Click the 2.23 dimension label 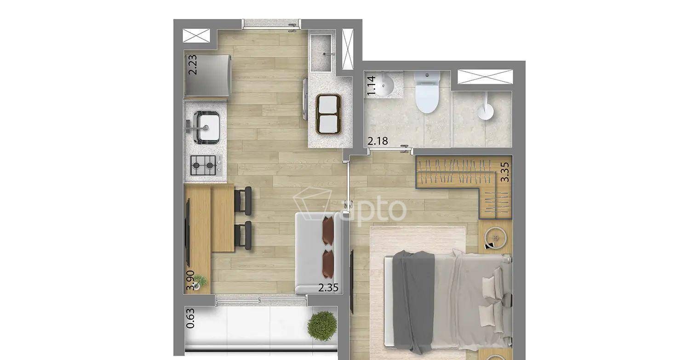click(x=193, y=64)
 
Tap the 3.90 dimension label click(x=190, y=280)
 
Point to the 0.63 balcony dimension click(x=190, y=318)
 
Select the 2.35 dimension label click(x=328, y=287)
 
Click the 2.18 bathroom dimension click(x=378, y=141)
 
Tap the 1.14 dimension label click(x=372, y=86)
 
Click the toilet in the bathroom click(x=427, y=92)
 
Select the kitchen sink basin click(x=206, y=127)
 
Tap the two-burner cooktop click(x=203, y=165)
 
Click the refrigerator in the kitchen click(x=208, y=76)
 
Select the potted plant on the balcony click(x=322, y=326)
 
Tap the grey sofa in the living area click(x=319, y=253)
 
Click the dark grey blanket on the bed click(x=413, y=301)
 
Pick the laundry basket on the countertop click(x=328, y=114)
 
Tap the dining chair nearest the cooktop click(x=243, y=200)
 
